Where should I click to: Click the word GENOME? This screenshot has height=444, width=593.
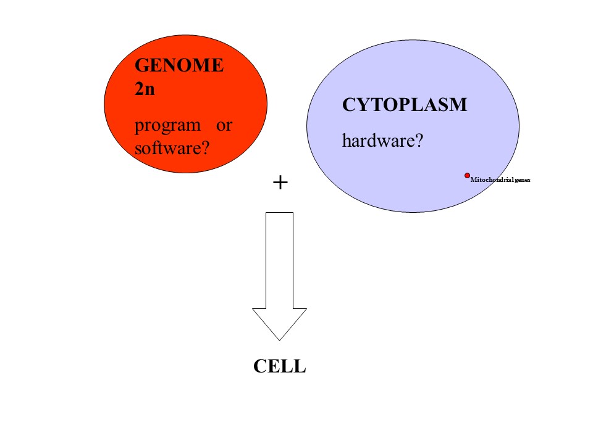(179, 65)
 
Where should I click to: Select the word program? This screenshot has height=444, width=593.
(167, 125)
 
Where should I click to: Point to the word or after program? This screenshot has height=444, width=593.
(224, 125)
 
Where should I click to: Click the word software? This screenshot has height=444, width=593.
(171, 148)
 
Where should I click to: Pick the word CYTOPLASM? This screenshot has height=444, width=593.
(405, 105)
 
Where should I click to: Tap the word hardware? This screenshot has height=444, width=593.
(382, 141)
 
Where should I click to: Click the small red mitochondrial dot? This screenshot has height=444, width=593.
(468, 176)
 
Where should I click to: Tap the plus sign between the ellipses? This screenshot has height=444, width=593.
(280, 183)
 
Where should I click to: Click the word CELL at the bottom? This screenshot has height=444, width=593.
(280, 367)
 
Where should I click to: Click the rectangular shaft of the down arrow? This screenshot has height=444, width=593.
(279, 259)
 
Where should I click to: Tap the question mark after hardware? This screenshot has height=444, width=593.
(418, 141)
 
